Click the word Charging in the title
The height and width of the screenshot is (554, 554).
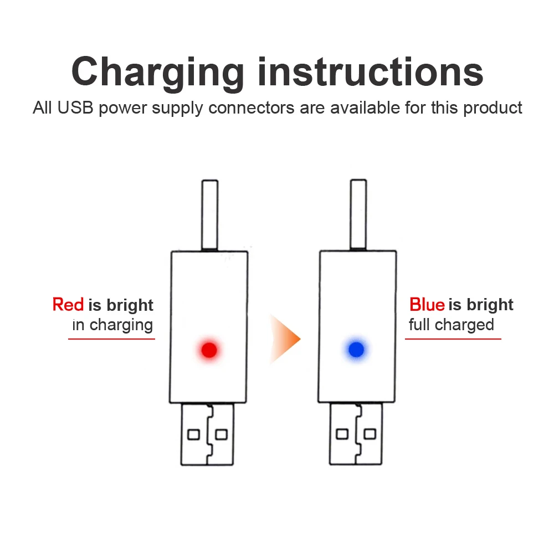(x=157, y=73)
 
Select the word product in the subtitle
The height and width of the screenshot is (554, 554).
(x=493, y=107)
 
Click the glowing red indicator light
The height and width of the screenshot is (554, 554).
(x=209, y=350)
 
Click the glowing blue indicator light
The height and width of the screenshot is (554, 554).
(x=356, y=349)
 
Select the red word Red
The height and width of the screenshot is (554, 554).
(x=68, y=305)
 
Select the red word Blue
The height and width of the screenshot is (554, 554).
(x=427, y=305)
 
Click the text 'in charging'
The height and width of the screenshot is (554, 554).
(x=112, y=325)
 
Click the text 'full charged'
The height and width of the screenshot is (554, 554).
(x=451, y=325)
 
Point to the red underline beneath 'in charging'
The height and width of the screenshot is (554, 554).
(x=111, y=338)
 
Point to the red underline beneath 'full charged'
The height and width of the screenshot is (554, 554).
(x=453, y=338)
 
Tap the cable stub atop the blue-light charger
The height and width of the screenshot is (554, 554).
(x=358, y=214)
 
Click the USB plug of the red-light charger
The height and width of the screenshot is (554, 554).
(x=207, y=434)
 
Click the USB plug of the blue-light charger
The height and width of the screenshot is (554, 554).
(x=355, y=434)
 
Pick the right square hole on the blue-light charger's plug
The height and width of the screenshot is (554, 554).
(x=370, y=434)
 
